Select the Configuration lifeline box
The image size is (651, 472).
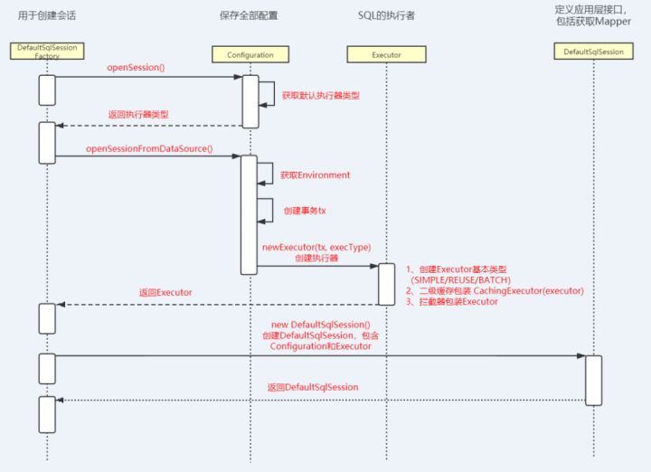pyautogui.click(x=249, y=55)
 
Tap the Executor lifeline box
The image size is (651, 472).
pyautogui.click(x=386, y=55)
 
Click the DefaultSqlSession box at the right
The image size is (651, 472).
pyautogui.click(x=593, y=52)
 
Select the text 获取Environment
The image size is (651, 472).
pyautogui.click(x=315, y=175)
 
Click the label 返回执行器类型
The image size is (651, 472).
pyautogui.click(x=137, y=114)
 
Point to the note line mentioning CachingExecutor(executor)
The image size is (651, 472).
pyautogui.click(x=494, y=290)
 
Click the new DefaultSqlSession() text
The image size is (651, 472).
pyautogui.click(x=320, y=324)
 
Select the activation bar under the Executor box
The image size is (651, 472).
pyautogui.click(x=386, y=283)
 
